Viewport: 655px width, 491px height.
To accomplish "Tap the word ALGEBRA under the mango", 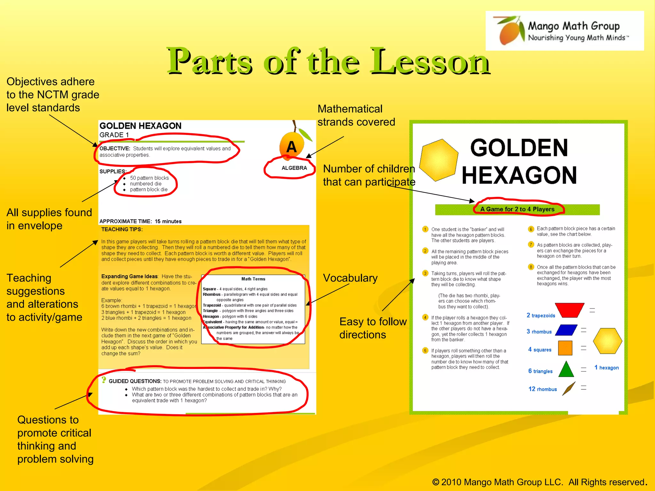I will [294, 168].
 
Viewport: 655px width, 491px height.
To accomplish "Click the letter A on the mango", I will [291, 147].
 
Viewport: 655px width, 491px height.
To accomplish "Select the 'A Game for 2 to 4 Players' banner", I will [517, 209].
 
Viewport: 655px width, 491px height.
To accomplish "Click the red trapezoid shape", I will [570, 310].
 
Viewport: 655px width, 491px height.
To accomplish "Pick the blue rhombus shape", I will [566, 330].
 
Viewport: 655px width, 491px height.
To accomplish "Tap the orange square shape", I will [565, 348].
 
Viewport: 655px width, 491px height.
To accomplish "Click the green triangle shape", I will [566, 369].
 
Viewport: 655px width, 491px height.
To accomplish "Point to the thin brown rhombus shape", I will [569, 388].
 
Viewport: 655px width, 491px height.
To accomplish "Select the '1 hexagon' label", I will [606, 368].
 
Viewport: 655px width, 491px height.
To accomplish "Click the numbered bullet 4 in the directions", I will [425, 317].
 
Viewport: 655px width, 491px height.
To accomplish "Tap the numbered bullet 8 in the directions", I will [531, 267].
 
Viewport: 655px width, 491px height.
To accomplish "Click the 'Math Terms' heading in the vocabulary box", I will [253, 279].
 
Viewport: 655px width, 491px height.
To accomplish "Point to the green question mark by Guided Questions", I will [104, 380].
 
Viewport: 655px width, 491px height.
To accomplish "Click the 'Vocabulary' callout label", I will [350, 278].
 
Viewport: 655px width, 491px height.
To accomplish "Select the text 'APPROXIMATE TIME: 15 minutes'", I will [140, 221].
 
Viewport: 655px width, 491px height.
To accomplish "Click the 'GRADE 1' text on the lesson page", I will [114, 135].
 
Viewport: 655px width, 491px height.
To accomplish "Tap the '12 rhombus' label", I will [542, 389].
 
